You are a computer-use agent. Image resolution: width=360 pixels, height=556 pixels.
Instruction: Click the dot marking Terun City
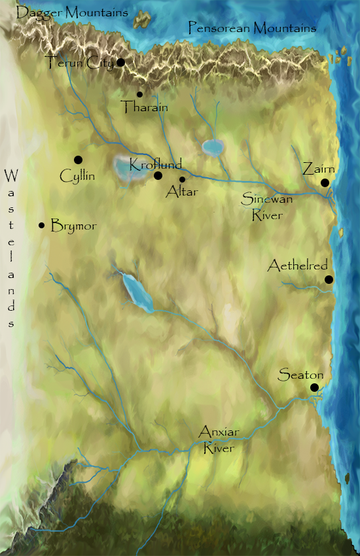click(120, 62)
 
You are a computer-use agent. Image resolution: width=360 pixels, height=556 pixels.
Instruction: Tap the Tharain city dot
click(139, 94)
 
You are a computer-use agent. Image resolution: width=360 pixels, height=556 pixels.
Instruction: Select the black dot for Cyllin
click(78, 160)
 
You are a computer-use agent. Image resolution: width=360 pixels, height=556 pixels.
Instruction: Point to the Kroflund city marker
click(158, 175)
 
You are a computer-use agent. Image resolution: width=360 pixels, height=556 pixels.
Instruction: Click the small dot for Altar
click(182, 179)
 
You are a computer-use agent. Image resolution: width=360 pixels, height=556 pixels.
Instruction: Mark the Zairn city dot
click(325, 183)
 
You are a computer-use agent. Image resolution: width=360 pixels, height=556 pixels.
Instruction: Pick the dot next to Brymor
click(42, 226)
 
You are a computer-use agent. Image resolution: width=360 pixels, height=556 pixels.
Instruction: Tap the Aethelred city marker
click(329, 280)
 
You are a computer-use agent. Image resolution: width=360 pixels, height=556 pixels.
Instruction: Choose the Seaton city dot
click(315, 388)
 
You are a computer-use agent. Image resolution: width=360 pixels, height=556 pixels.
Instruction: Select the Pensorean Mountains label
click(252, 27)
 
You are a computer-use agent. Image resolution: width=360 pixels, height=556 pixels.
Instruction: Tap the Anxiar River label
click(219, 438)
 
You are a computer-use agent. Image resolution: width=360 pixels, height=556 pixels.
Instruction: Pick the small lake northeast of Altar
click(212, 148)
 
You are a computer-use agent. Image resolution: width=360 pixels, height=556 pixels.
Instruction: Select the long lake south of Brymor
click(137, 292)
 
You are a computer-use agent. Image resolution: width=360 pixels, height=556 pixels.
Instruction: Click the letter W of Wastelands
click(10, 176)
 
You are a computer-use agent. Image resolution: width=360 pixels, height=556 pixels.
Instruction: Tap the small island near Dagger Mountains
click(141, 20)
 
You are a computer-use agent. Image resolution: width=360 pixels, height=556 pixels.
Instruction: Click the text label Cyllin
click(77, 177)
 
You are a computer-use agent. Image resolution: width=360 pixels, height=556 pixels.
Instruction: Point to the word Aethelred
click(298, 266)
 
